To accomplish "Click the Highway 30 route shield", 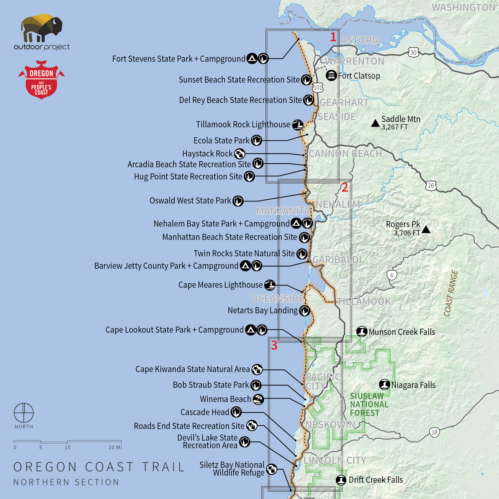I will click(x=413, y=52).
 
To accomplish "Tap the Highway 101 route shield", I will click(x=318, y=87).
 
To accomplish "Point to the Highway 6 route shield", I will click(x=392, y=275).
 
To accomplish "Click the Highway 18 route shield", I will click(x=434, y=432).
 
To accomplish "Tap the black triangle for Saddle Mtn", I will click(x=375, y=123).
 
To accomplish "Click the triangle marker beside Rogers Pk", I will click(x=426, y=229).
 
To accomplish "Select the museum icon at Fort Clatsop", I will click(x=331, y=75).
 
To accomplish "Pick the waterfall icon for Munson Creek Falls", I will click(x=362, y=332).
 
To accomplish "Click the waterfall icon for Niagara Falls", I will click(x=384, y=385).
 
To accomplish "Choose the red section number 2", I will click(x=345, y=188).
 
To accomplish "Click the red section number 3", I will click(x=274, y=345).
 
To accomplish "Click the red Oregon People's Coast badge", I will click(x=41, y=80).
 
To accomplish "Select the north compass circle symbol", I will click(x=24, y=413).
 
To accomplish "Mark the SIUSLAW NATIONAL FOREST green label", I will click(x=369, y=404).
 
